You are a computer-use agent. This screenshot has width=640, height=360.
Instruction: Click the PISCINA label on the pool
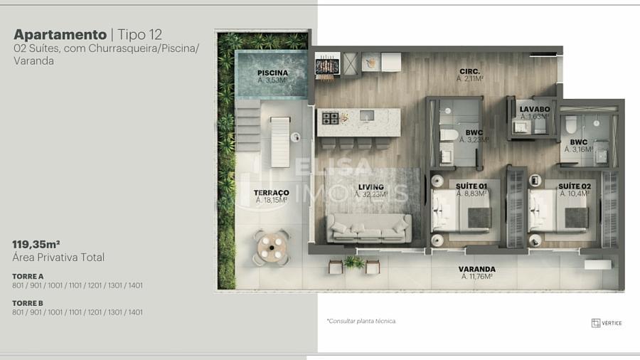pos(272,73)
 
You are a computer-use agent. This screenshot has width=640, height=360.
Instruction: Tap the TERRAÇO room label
pos(272,193)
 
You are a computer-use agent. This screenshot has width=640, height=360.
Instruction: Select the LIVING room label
pos(371,187)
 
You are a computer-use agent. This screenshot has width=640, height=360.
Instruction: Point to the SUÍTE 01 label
pos(471,186)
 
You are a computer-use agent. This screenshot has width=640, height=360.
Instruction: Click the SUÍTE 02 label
pos(575,186)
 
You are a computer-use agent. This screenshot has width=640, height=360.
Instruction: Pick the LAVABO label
pos(535,110)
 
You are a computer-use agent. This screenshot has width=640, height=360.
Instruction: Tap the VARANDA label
pos(476,270)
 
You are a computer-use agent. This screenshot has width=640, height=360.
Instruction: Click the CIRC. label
pos(470,71)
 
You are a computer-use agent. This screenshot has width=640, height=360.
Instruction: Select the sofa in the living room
pos(369,228)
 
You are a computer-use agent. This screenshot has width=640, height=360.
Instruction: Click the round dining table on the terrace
pos(272,248)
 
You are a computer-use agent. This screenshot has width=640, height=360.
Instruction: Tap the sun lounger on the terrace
pos(280,142)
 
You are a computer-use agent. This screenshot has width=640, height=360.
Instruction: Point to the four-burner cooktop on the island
pos(330,118)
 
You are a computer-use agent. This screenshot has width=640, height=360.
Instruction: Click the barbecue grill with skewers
pos(327,65)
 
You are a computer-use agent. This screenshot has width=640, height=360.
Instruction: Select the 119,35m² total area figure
pos(36,245)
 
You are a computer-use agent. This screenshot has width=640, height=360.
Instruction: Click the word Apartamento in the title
pos(60,35)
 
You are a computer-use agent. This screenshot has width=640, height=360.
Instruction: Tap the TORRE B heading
pos(28,303)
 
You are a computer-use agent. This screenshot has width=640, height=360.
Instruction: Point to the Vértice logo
pos(607,323)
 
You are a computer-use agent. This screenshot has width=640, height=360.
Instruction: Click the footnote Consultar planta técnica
pos(361,321)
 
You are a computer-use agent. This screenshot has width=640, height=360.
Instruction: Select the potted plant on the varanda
pos(353,262)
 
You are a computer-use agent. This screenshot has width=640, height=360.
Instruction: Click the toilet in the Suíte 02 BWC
pos(571,124)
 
